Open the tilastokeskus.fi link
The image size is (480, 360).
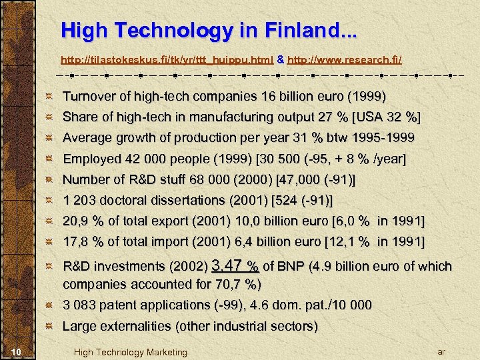167,60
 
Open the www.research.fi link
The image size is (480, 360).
344,60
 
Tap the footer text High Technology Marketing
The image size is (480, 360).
131,352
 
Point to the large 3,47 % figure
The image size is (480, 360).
235,266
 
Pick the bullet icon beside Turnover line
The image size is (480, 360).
49,97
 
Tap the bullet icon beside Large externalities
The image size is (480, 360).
49,327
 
